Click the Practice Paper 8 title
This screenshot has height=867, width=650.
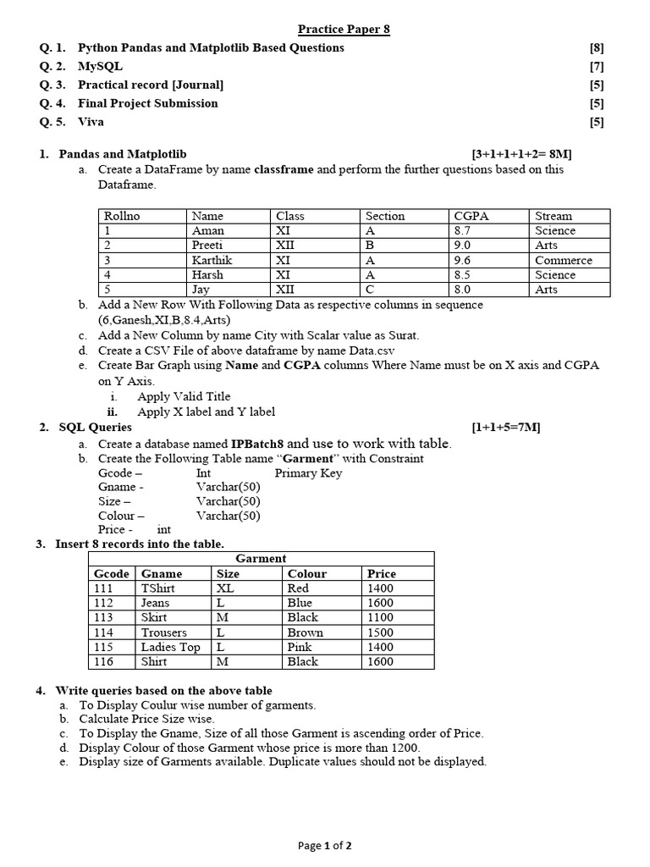coord(344,30)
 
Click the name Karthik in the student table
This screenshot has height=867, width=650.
coord(212,260)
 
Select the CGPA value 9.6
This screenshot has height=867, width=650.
coord(462,260)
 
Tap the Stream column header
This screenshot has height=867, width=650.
coord(554,216)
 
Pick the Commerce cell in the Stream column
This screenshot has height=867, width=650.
coord(564,260)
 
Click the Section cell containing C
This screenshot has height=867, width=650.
coord(370,289)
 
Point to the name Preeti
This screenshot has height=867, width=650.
coord(208,245)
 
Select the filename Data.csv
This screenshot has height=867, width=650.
coord(372,350)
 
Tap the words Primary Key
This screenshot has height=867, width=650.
coord(308,473)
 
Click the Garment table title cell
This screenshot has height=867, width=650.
coord(261,558)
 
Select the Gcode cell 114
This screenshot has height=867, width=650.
coord(103,632)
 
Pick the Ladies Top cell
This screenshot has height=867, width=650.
coord(171,647)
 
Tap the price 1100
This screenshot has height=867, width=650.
coord(381,617)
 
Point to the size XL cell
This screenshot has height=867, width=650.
coord(225,588)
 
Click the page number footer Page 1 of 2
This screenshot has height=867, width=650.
coord(324,845)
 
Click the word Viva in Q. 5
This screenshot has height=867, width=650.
coord(91,122)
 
